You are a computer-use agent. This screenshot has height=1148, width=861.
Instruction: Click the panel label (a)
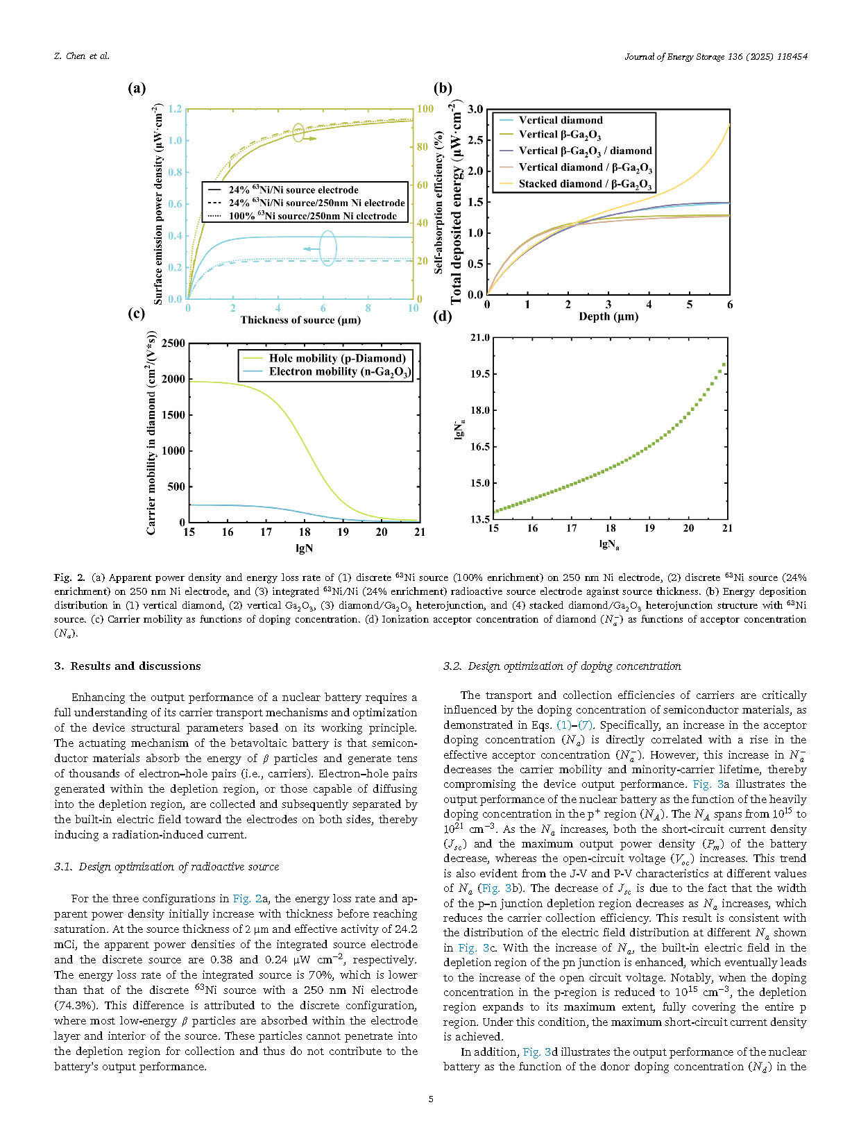click(x=137, y=88)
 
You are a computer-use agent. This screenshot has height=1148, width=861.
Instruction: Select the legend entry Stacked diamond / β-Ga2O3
click(x=585, y=184)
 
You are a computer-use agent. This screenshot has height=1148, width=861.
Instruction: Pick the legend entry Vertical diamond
click(x=561, y=120)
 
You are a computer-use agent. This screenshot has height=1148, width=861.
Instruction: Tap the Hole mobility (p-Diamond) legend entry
click(x=337, y=358)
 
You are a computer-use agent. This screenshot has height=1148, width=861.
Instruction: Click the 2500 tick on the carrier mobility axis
click(x=173, y=344)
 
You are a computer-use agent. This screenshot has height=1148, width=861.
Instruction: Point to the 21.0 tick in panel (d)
click(x=480, y=338)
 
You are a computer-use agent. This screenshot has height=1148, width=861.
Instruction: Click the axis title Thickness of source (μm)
click(x=300, y=320)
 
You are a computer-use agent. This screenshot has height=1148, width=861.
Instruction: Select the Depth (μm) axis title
click(x=608, y=316)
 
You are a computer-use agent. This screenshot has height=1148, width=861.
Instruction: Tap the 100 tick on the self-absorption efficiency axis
click(x=425, y=109)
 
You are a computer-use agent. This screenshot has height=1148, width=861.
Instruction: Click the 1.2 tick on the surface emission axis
click(x=175, y=109)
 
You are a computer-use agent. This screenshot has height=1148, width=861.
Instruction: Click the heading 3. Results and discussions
click(x=128, y=666)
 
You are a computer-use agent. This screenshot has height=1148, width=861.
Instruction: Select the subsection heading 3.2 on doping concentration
click(x=562, y=666)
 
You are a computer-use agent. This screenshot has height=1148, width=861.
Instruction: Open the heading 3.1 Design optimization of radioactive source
click(x=167, y=867)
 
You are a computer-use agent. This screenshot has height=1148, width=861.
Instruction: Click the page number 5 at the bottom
click(x=431, y=1099)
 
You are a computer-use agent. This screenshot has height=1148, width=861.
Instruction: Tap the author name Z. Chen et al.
click(x=81, y=56)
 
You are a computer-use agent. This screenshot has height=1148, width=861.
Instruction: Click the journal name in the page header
click(x=715, y=56)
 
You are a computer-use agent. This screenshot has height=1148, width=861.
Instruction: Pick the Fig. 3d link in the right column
click(x=540, y=1052)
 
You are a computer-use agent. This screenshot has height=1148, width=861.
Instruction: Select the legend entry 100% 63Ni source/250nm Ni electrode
click(x=312, y=216)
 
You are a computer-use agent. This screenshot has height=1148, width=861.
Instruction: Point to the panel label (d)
click(x=442, y=316)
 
